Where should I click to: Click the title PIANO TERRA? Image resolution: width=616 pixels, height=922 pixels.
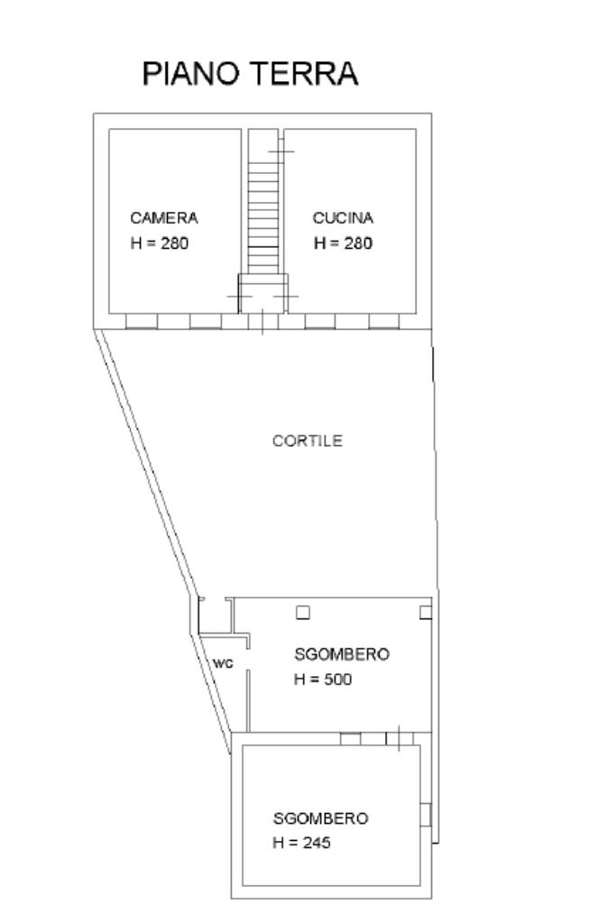pos(250,74)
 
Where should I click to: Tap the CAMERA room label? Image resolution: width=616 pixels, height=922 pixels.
pos(163,218)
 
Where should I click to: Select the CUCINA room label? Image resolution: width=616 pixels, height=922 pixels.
pos(343,218)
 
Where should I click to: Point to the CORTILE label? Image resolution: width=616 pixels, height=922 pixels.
pos(308,442)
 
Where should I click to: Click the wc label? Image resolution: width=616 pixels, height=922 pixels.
pos(223,663)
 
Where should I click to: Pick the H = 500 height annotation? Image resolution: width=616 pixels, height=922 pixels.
pos(323,680)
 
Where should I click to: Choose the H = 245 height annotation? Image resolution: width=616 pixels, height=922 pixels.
pos(301,844)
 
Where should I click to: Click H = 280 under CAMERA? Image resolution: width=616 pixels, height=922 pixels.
pos(160,243)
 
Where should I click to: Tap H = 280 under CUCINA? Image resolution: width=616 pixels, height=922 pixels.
pos(343,243)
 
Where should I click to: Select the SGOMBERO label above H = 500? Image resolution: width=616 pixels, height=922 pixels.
pos(342,654)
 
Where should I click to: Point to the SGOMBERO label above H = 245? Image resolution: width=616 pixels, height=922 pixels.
pos(320,819)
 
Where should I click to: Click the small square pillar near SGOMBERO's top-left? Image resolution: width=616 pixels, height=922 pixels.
pos(303,613)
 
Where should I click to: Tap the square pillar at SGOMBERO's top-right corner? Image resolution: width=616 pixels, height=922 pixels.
pos(426,613)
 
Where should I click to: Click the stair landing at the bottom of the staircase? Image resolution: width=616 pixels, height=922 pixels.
pos(262,292)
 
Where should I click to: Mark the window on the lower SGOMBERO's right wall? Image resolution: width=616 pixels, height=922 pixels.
pos(426,815)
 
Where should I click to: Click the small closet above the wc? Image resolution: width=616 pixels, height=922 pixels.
pos(215,616)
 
